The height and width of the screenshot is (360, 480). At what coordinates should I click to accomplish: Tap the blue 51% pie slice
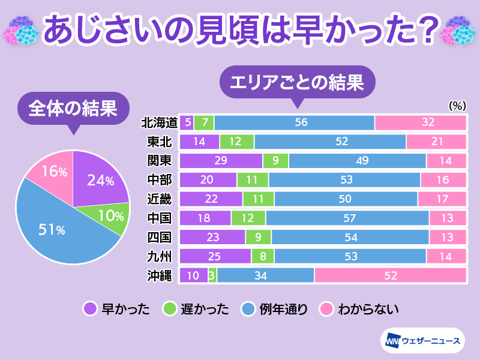tap(57, 228)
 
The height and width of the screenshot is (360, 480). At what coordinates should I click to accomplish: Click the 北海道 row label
tap(159, 122)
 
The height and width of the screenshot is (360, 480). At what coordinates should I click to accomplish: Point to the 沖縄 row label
tap(160, 275)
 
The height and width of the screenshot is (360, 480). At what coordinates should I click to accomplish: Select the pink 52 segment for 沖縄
tap(391, 275)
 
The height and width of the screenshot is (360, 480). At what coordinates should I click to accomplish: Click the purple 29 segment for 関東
tap(221, 161)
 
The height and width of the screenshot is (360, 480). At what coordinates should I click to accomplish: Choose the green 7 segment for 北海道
tap(203, 122)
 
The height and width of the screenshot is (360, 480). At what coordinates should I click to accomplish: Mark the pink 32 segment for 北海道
tap(420, 122)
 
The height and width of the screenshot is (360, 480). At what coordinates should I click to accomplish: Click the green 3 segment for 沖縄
tap(212, 275)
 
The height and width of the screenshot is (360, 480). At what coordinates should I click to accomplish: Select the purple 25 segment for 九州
tap(215, 256)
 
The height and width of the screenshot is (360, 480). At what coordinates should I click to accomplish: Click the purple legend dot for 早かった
tap(90, 310)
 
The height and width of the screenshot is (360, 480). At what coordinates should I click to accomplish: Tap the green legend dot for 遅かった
tap(169, 310)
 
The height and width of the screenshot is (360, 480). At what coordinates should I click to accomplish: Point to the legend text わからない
tap(368, 310)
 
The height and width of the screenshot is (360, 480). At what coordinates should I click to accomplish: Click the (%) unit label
tap(457, 105)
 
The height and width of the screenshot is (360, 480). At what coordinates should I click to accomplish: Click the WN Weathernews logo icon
tap(391, 341)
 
